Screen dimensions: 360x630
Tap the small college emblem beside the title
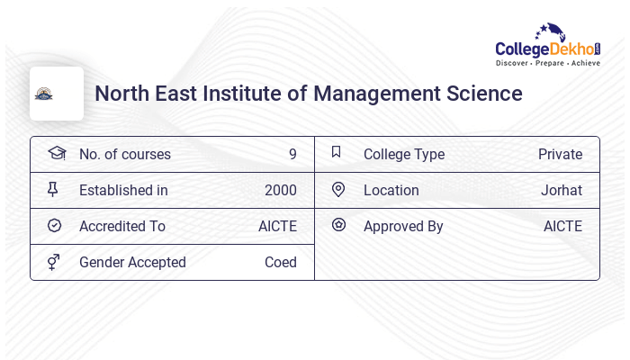point(44,94)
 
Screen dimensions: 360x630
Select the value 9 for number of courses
point(292,154)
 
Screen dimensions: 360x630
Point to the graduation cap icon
point(57,153)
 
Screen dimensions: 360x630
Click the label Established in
point(123,190)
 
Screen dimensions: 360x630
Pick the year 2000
point(280,190)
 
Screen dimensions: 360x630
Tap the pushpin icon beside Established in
point(53,189)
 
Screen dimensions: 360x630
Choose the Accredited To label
point(122,226)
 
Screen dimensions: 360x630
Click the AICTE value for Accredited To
point(277,226)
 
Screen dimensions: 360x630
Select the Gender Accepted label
point(132,262)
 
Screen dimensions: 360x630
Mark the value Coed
point(280,262)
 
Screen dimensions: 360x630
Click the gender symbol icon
point(54,261)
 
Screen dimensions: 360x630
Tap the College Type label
point(404,154)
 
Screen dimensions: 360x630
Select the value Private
point(560,154)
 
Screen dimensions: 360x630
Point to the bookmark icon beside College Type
point(337,152)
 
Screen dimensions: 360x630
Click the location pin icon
point(338,189)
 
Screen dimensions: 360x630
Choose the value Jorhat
point(562,190)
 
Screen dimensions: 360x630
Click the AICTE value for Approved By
point(562,226)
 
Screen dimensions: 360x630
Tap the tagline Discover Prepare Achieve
point(548,63)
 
